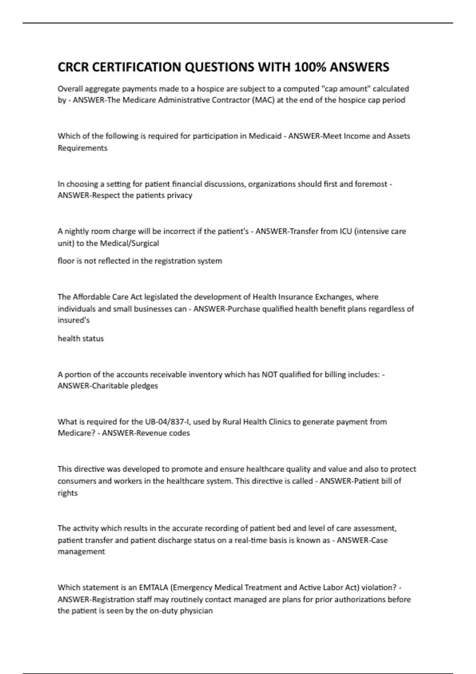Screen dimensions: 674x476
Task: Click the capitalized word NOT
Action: pos(270,374)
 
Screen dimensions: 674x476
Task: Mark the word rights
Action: pos(68,493)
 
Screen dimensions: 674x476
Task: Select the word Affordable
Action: pos(92,297)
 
